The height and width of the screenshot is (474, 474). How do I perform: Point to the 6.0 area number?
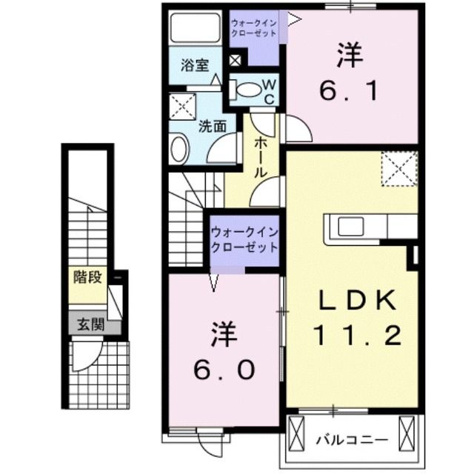tap(225, 367)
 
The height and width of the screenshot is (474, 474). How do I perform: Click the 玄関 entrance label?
tap(87, 324)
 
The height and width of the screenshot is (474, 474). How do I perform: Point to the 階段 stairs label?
tap(87, 278)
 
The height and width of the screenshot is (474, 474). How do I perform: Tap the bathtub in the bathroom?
tap(196, 28)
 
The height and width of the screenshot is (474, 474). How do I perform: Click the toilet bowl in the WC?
tap(250, 90)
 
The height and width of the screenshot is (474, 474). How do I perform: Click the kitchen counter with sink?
tap(363, 226)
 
